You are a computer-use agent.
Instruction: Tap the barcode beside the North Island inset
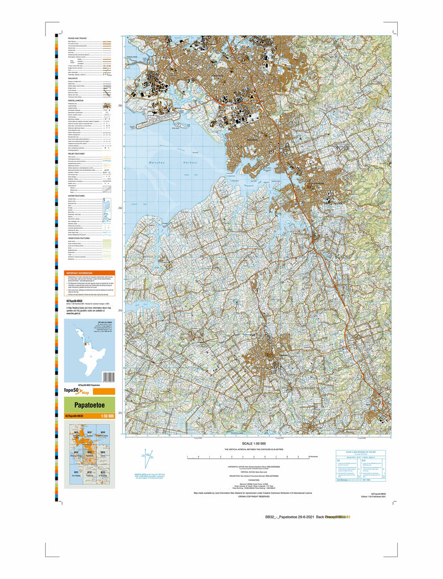[109, 377]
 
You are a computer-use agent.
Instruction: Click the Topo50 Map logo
[76, 391]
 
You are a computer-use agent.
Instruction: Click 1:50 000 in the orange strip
[107, 417]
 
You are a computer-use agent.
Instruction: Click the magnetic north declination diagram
[147, 457]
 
